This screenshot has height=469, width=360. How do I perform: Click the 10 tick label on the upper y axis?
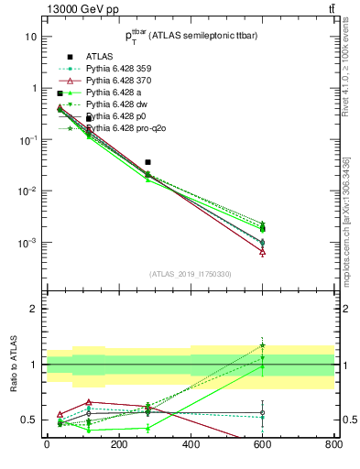30,37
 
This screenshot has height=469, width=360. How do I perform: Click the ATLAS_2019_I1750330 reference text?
191,274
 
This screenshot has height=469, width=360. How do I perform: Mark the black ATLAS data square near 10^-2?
147,162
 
